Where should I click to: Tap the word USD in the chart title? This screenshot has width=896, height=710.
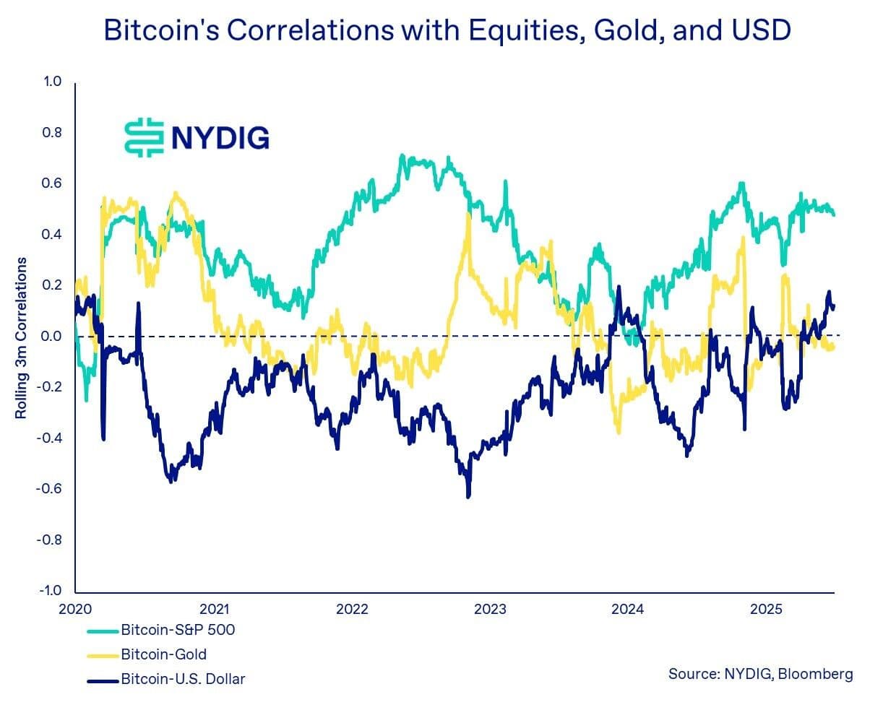[x=761, y=30]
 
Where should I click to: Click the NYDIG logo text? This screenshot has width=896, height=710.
[x=220, y=137]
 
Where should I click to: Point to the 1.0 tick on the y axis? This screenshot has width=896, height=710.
[x=52, y=82]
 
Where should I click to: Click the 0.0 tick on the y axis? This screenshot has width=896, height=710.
[x=52, y=336]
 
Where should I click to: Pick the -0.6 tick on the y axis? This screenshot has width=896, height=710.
[x=50, y=488]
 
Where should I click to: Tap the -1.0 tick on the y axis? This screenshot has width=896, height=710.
[x=50, y=590]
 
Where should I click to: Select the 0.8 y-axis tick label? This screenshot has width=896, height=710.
[x=52, y=132]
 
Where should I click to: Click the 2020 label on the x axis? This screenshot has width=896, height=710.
[x=75, y=609]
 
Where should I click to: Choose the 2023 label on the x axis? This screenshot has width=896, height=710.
[x=490, y=609]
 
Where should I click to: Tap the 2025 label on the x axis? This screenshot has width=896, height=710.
[x=766, y=609]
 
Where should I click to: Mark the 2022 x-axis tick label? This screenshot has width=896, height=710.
[x=352, y=609]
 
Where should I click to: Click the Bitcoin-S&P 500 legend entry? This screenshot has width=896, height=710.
[x=177, y=630]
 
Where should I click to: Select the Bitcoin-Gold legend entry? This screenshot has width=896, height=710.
[x=163, y=654]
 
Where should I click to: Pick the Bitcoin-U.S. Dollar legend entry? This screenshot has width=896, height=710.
[x=182, y=679]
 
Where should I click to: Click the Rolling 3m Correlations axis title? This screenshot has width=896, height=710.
[x=21, y=337]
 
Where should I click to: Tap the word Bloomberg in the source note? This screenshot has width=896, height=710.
[x=815, y=674]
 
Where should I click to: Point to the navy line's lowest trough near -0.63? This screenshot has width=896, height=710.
[x=468, y=496]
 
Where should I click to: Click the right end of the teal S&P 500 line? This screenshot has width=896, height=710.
[x=834, y=215]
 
